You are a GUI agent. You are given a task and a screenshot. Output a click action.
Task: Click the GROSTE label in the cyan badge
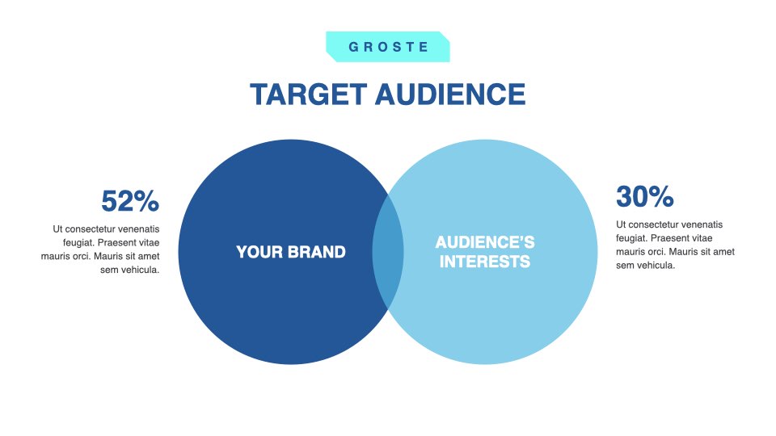click(388, 47)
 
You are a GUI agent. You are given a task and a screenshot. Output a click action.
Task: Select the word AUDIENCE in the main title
click(450, 94)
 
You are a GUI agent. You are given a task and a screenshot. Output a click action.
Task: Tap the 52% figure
click(130, 201)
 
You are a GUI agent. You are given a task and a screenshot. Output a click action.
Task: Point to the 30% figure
click(645, 196)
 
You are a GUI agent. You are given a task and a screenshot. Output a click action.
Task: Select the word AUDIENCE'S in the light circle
click(485, 242)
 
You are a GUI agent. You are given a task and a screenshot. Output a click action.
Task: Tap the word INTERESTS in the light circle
click(485, 262)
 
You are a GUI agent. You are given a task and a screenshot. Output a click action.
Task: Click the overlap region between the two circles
click(388, 252)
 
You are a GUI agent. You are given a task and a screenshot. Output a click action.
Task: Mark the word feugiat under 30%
click(631, 238)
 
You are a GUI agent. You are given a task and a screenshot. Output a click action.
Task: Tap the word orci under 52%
click(80, 257)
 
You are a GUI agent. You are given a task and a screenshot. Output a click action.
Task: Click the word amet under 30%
click(724, 252)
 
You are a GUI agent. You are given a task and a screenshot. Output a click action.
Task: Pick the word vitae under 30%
click(701, 238)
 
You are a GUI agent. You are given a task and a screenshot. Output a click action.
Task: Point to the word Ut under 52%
click(57, 229)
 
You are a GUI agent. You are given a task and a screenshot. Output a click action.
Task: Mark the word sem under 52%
click(108, 270)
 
